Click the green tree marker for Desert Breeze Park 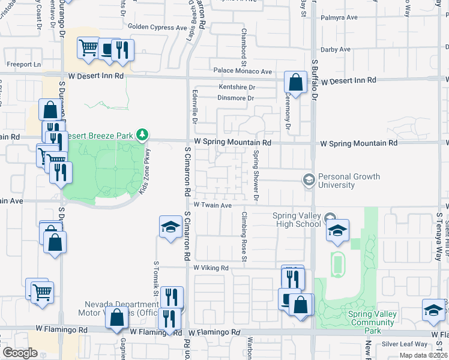click(142, 134)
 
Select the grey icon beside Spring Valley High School click(329, 217)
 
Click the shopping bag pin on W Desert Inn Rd click(295, 82)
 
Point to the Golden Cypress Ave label click(157, 27)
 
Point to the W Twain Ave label click(212, 205)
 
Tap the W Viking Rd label click(211, 268)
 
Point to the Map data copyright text click(424, 355)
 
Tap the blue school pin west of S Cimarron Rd click(170, 227)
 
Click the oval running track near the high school click(338, 262)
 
